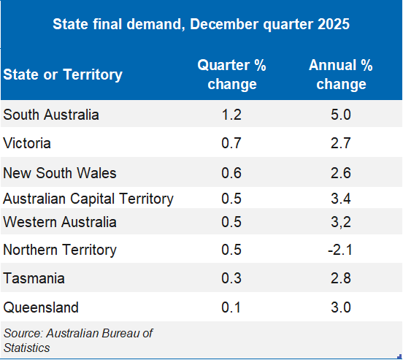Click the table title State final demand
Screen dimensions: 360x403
[x=201, y=24]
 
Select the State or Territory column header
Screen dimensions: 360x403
[x=63, y=74]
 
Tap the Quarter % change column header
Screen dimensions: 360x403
[x=231, y=74]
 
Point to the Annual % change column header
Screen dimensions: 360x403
[x=340, y=74]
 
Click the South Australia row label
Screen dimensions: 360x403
[x=51, y=115]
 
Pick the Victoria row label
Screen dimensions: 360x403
[x=27, y=143]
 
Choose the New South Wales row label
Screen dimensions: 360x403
[x=60, y=173]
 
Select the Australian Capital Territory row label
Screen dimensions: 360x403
[x=88, y=199]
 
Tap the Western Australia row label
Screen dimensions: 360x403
[x=60, y=221]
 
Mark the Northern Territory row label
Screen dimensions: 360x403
[x=60, y=250]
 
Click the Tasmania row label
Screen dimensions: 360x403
[x=34, y=278]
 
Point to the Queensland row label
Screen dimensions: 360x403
[x=41, y=307]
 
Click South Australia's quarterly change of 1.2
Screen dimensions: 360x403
[x=231, y=115]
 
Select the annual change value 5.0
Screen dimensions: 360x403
[x=340, y=115]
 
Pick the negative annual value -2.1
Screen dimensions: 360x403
[x=340, y=250]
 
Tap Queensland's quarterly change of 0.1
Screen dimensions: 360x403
[x=231, y=307]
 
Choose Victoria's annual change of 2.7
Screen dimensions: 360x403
[x=340, y=143]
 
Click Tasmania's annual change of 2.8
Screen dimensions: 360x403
[x=340, y=278]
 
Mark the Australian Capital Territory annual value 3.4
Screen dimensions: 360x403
[x=340, y=199]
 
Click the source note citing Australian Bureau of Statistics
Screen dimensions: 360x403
[x=78, y=340]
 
